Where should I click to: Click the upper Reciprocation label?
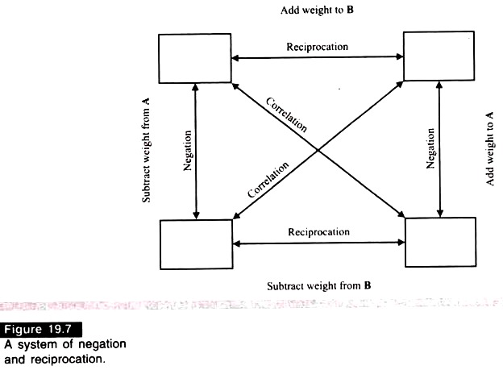click(317, 46)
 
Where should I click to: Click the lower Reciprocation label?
click(318, 232)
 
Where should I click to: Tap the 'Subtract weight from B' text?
click(318, 285)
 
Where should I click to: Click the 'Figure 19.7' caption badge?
click(35, 331)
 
